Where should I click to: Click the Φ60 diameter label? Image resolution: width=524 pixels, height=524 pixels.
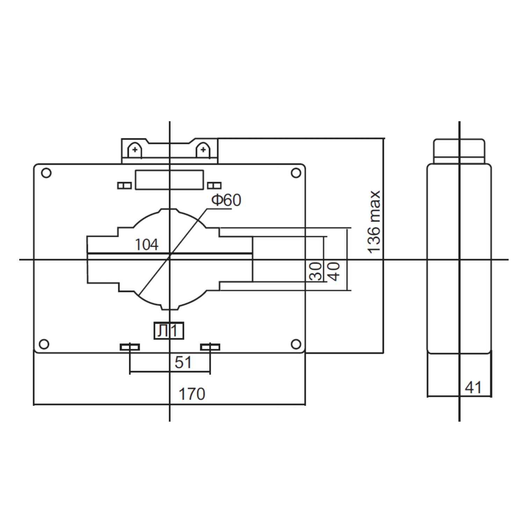(226, 200)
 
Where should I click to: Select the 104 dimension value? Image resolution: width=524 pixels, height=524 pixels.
(146, 245)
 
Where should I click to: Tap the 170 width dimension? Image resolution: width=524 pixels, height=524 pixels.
(192, 394)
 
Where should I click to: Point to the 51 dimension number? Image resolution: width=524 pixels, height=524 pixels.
(183, 362)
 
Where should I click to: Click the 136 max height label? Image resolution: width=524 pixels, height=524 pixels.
(374, 222)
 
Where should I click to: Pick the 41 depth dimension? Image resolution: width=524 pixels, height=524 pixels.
(473, 387)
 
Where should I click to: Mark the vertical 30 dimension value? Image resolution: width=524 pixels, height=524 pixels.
(316, 271)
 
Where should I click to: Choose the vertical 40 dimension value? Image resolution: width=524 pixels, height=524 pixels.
(334, 271)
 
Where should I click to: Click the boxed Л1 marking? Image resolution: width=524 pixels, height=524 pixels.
(169, 331)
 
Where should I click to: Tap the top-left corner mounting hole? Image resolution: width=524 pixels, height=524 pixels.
(46, 173)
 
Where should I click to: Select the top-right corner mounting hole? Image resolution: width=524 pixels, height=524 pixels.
(296, 173)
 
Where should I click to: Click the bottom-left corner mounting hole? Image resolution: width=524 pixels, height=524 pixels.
(44, 344)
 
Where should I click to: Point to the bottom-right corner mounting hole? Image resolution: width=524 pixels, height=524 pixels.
(296, 344)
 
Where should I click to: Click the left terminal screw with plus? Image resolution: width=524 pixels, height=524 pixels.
(134, 151)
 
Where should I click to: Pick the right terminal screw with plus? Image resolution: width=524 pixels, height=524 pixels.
(202, 151)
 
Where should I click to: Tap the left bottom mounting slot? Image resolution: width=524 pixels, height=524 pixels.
(130, 347)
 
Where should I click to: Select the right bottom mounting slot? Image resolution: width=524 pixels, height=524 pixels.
(210, 347)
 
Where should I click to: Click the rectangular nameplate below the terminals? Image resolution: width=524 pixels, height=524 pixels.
(169, 180)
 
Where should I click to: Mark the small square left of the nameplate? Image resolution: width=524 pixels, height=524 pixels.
(124, 185)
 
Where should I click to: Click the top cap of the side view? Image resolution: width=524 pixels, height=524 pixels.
(459, 150)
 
